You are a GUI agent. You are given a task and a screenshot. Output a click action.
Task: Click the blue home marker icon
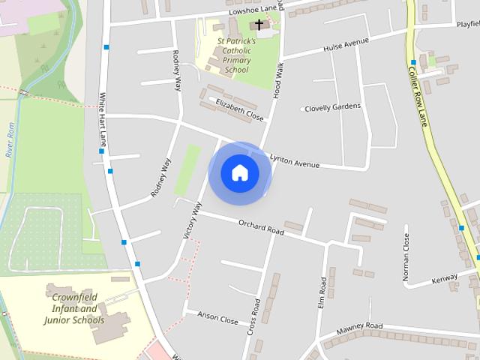click(x=240, y=172)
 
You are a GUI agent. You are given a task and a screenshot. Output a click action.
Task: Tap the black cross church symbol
click(x=260, y=25)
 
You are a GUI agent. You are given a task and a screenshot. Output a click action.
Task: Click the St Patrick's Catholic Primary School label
click(x=236, y=55)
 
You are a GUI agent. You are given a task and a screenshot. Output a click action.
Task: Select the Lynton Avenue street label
click(x=295, y=160)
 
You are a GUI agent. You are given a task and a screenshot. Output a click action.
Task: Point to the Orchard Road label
click(x=261, y=227)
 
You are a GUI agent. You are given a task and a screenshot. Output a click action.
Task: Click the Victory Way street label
click(x=193, y=220)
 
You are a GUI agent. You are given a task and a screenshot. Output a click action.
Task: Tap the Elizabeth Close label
click(x=240, y=110)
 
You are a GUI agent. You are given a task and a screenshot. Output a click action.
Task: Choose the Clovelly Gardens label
click(x=332, y=106)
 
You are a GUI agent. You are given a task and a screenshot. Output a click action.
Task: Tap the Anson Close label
click(x=217, y=319)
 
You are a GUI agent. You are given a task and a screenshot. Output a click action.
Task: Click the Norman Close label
click(x=406, y=257)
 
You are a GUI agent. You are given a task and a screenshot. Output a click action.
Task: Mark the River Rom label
click(x=10, y=140)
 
